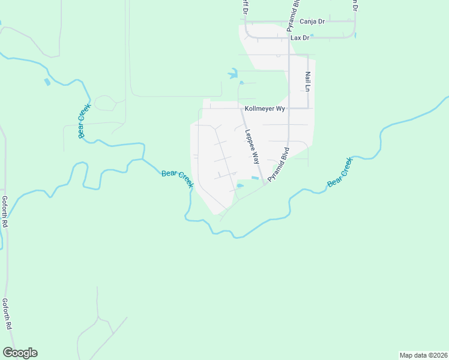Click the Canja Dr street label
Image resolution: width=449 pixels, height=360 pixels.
[x=313, y=21]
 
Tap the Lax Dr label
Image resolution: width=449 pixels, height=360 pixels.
[x=299, y=38]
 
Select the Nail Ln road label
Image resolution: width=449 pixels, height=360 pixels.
[x=307, y=81]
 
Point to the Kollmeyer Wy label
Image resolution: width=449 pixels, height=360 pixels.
[x=264, y=109]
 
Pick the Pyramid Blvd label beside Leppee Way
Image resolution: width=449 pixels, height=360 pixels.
[x=279, y=164]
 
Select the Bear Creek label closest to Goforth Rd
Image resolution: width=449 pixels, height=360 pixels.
[x=83, y=121]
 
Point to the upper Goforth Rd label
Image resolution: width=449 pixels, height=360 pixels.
[x=5, y=212]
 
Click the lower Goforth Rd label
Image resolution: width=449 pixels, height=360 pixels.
[x=7, y=314]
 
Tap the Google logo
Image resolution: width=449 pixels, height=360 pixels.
[x=20, y=353]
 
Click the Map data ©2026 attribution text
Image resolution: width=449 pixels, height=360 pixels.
[x=424, y=355]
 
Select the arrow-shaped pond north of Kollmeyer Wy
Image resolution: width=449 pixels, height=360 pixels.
[x=232, y=74]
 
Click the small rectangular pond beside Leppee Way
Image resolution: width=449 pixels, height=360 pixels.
[x=255, y=178]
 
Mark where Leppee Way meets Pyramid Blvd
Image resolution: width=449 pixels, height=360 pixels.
[x=264, y=183]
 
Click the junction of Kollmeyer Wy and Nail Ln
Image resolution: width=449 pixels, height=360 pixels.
[x=308, y=108]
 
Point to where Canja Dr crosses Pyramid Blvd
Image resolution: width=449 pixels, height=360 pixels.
[x=289, y=21]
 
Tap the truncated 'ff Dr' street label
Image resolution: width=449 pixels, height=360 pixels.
[x=245, y=9]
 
